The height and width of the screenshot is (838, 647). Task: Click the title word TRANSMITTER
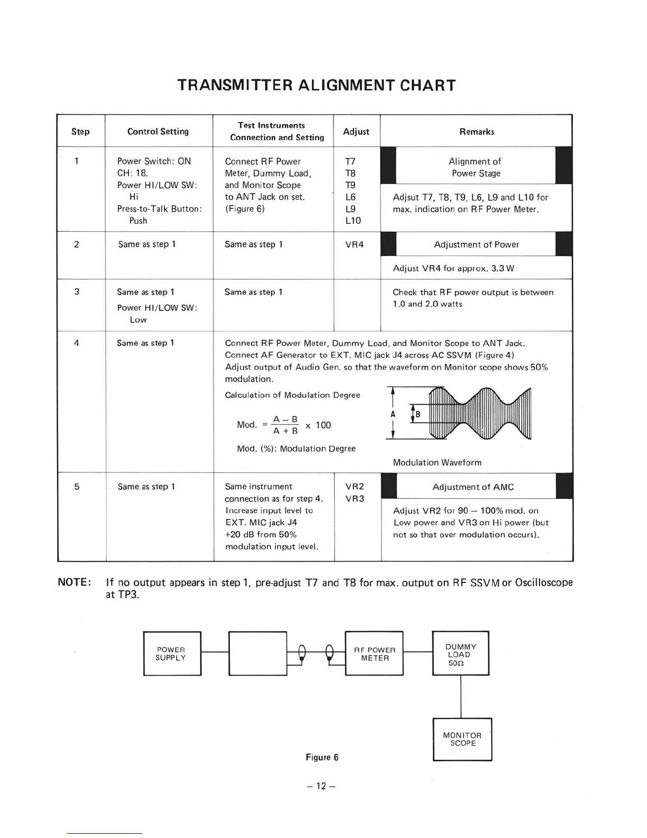coord(235,85)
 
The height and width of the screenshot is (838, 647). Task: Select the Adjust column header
coord(356,131)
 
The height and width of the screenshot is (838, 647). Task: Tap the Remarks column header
coord(476,131)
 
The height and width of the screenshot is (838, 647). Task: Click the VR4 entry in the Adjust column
coord(354,244)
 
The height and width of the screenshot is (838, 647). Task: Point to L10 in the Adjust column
coord(353,221)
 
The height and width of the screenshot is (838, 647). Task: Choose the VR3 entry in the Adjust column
coord(354,498)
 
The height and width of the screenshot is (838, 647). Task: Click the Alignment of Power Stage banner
coord(475,167)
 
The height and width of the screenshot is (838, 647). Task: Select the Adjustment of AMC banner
coord(473,487)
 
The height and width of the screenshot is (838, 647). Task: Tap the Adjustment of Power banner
coord(476,244)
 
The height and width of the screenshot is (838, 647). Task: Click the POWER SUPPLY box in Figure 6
coord(172,653)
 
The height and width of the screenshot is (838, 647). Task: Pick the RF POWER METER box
coord(374,653)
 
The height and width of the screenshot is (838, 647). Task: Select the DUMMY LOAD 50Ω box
coord(460,654)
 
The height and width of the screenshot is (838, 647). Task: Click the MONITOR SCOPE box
coord(463,739)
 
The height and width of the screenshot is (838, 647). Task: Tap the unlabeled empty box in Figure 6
coord(257,653)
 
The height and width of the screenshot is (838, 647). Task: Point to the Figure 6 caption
coord(322,757)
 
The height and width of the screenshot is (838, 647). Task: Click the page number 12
coord(321,786)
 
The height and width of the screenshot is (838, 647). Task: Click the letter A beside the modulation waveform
coord(393,414)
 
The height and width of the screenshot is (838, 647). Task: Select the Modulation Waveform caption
coord(437,462)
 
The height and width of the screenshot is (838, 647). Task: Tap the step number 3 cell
coord(77,292)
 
